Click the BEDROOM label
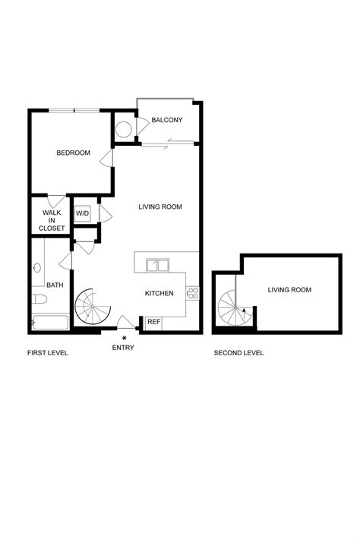pyautogui.click(x=73, y=153)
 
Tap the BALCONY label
pyautogui.click(x=166, y=120)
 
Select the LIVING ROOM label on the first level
pyautogui.click(x=160, y=206)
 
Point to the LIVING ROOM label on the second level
pyautogui.click(x=289, y=289)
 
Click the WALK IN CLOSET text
pyautogui.click(x=52, y=220)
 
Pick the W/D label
pyautogui.click(x=82, y=213)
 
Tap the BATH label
pyautogui.click(x=55, y=285)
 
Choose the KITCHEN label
pyautogui.click(x=159, y=294)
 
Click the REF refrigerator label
pyautogui.click(x=153, y=322)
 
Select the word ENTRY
pyautogui.click(x=123, y=348)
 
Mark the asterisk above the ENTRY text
pyautogui.click(x=124, y=337)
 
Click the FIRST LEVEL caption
pyautogui.click(x=47, y=353)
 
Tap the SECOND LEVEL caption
pyautogui.click(x=239, y=353)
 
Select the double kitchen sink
pyautogui.click(x=159, y=266)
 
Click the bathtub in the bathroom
pyautogui.click(x=49, y=322)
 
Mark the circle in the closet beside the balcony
pyautogui.click(x=123, y=128)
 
